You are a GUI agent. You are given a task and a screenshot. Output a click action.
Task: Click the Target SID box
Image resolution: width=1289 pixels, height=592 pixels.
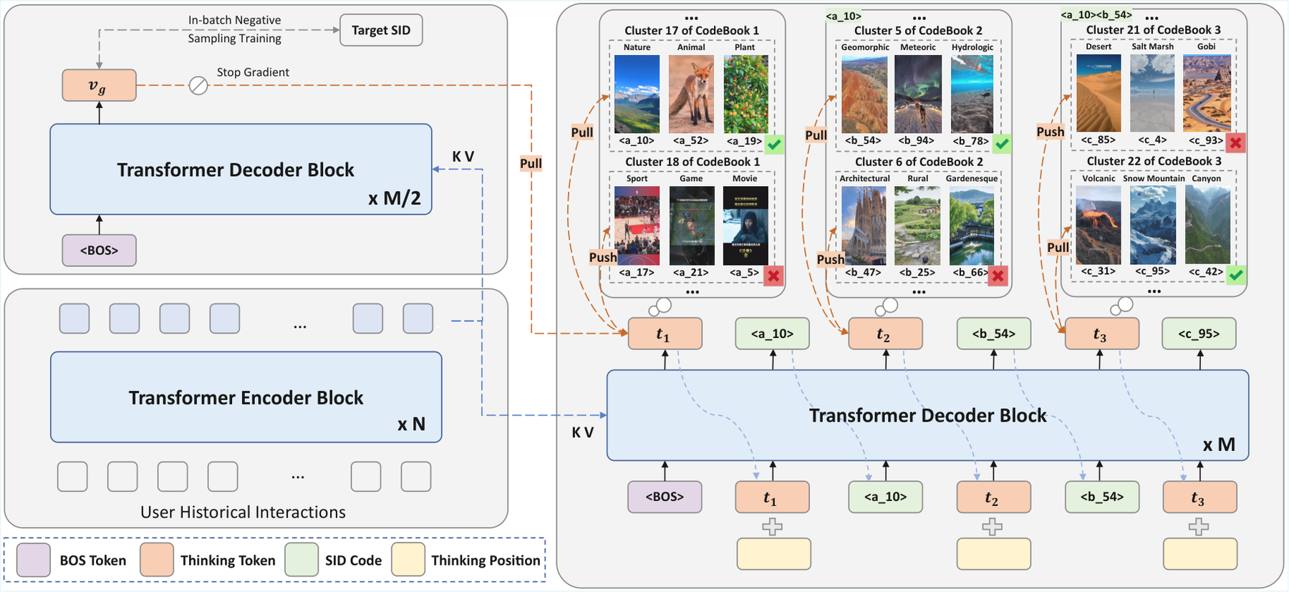[x=381, y=30]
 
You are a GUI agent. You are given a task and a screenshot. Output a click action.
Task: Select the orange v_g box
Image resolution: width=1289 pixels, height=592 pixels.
[x=99, y=85]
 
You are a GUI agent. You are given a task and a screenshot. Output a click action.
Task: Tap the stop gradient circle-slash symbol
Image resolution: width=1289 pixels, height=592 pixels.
[x=198, y=86]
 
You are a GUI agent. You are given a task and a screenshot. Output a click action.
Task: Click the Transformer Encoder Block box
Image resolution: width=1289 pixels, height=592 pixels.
[x=246, y=397]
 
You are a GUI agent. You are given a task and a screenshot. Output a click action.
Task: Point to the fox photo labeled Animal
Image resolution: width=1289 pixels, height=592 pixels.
[x=691, y=94]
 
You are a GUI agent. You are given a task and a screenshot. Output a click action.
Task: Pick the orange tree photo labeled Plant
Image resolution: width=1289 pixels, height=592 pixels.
[x=745, y=94]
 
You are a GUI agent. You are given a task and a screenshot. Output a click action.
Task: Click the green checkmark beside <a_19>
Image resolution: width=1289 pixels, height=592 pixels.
[x=774, y=145]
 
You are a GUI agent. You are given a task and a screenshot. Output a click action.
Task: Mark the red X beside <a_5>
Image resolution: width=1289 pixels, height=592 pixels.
[x=773, y=276]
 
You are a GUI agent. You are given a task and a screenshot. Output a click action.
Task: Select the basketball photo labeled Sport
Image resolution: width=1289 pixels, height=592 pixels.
[x=637, y=225]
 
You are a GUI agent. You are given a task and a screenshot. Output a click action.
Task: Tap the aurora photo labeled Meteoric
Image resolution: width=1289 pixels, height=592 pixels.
[x=918, y=94]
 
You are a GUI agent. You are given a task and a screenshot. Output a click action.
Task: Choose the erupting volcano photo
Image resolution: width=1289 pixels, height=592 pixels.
[x=1099, y=225]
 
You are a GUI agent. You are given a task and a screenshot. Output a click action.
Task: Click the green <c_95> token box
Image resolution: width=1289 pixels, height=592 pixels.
[x=1199, y=334]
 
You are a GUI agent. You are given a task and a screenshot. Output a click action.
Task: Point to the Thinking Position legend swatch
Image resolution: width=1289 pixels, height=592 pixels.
[x=409, y=560]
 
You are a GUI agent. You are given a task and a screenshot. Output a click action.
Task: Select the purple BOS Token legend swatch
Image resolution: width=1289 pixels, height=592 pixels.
[x=34, y=560]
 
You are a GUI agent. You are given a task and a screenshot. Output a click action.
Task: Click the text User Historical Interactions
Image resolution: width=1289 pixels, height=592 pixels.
[x=243, y=512]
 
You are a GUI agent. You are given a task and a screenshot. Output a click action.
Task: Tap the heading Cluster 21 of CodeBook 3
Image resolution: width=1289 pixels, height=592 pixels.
[x=1153, y=29]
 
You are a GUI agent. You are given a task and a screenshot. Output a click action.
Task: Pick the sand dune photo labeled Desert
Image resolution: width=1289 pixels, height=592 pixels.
[x=1099, y=93]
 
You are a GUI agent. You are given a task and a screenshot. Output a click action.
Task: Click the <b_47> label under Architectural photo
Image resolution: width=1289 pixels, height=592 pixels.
[x=863, y=272]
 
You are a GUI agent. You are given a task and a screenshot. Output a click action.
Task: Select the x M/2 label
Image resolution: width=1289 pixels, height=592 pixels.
[x=395, y=198]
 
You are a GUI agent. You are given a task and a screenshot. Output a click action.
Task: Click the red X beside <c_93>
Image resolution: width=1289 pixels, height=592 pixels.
[x=1235, y=142]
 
